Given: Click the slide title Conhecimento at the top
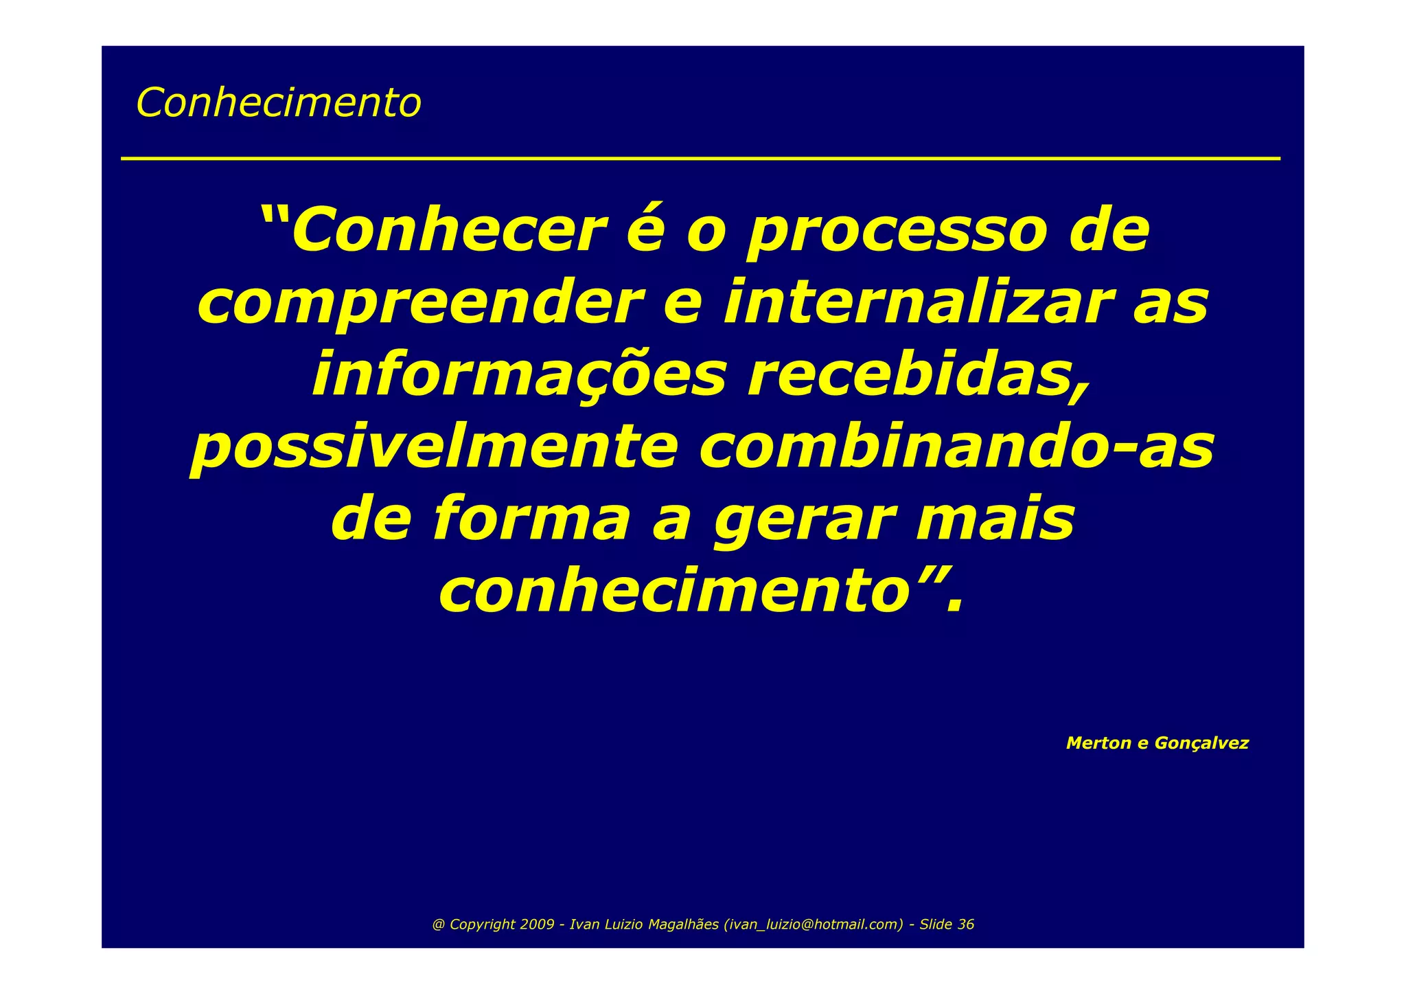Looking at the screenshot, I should [278, 103].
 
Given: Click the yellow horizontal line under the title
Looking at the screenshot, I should [700, 159].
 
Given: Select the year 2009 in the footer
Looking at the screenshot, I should [537, 925].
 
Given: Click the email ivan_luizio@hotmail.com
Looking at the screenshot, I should [814, 925].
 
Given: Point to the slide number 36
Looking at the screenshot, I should [965, 925].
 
